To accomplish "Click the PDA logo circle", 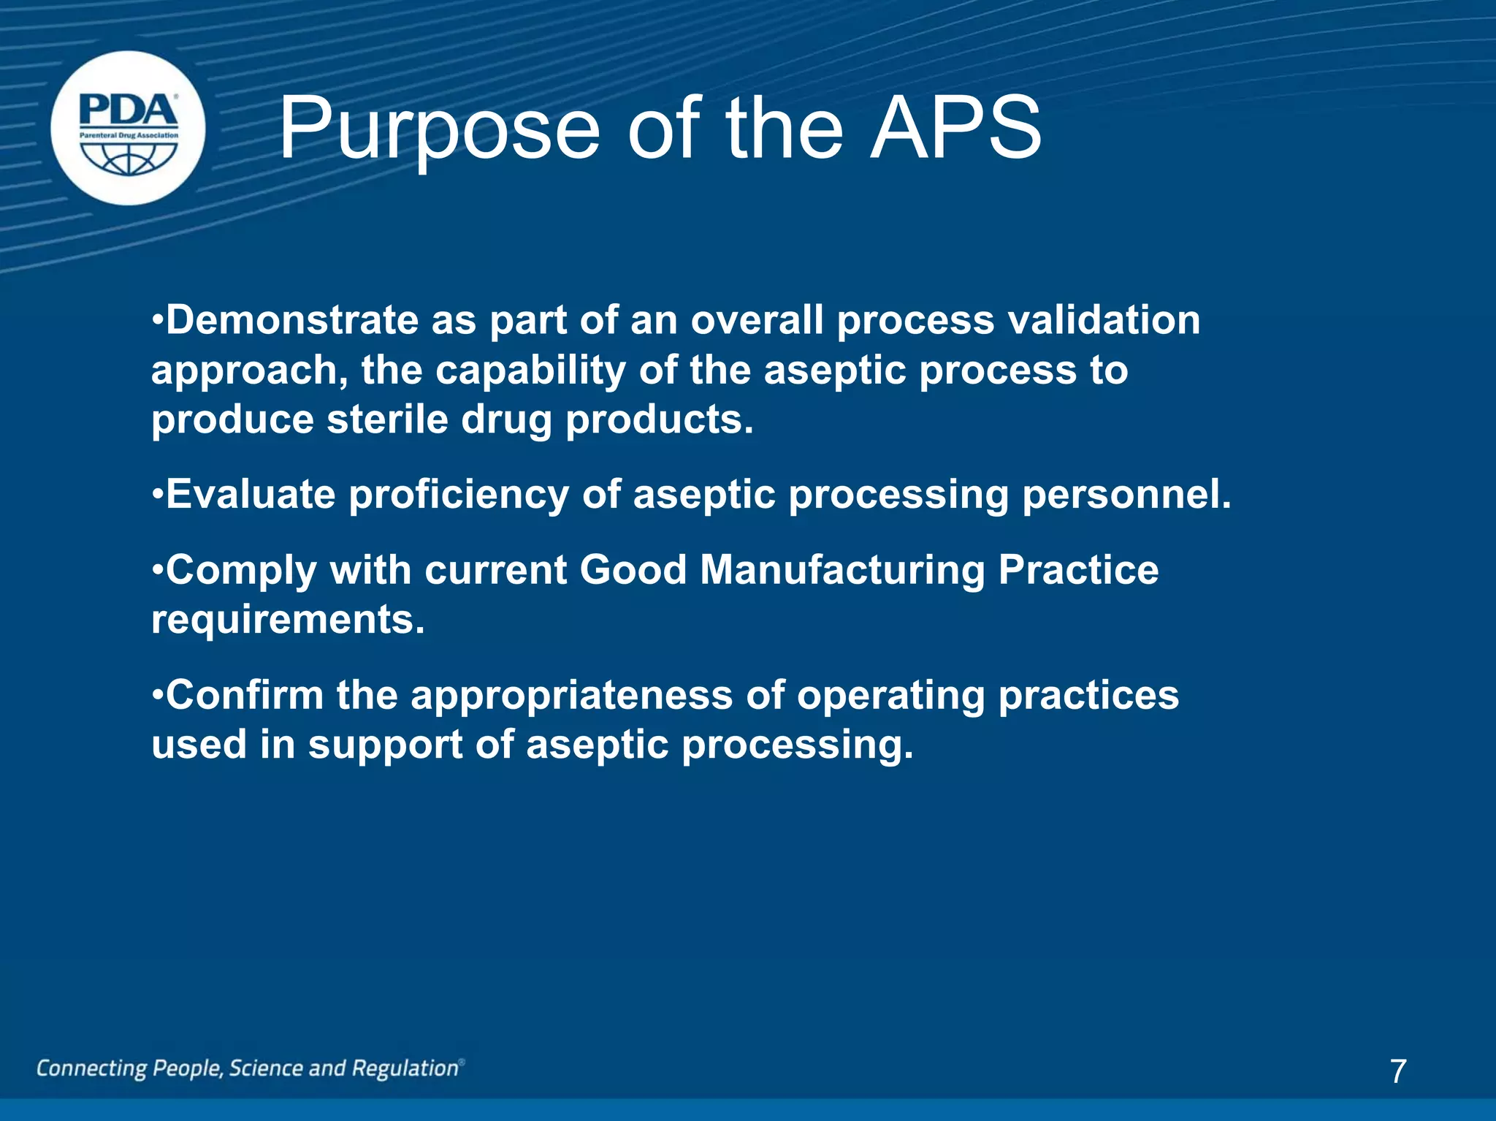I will (128, 128).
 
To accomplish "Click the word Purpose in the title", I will (438, 130).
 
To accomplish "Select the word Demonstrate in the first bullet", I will (291, 320).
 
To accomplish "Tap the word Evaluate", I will (250, 495).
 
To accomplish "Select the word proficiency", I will (459, 495).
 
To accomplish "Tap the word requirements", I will (288, 620).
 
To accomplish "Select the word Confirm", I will (245, 695).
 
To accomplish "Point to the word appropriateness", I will (571, 695).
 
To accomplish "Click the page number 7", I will (1398, 1071).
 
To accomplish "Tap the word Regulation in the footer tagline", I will (405, 1068).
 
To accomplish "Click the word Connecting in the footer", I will (91, 1068).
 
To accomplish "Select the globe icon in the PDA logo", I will (129, 158).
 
